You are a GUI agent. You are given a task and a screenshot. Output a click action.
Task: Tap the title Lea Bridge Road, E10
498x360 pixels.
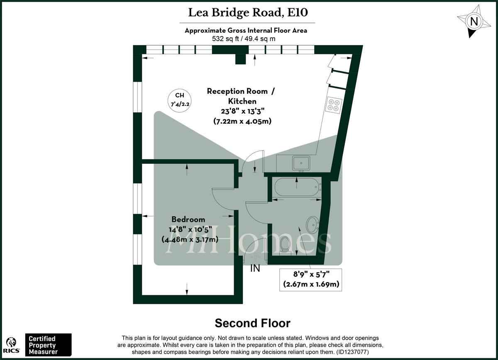[248, 12]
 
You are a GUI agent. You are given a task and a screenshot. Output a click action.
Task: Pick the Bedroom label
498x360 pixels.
[189, 219]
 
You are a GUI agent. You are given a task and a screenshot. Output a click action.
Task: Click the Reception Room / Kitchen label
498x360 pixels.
[241, 96]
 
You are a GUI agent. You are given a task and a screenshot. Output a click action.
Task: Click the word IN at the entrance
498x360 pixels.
[255, 269]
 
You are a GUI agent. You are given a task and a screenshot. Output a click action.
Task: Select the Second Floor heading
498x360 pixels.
[252, 323]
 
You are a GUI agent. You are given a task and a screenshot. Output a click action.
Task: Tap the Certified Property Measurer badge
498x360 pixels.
[49, 345]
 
